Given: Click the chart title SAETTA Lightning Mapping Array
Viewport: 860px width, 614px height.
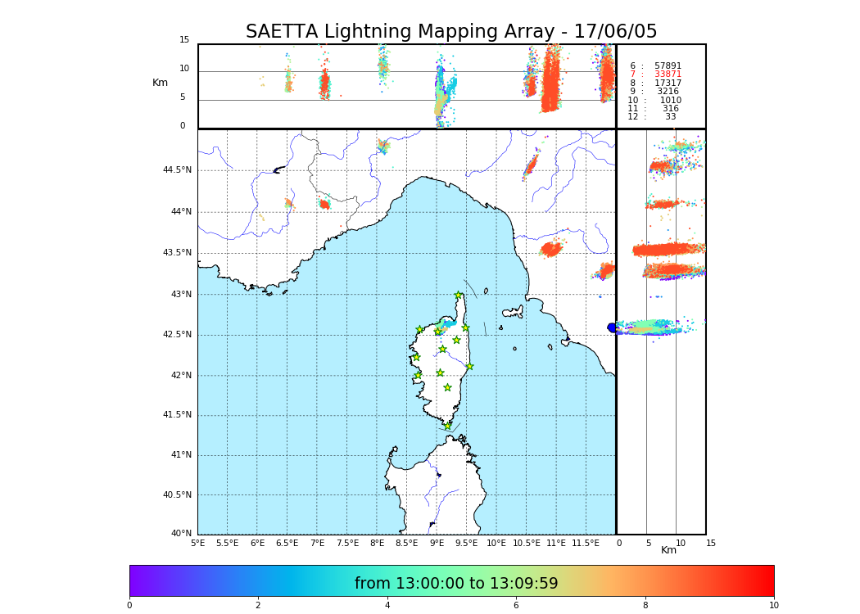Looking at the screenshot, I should tap(451, 32).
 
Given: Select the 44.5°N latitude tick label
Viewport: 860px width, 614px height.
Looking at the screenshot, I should tap(177, 170).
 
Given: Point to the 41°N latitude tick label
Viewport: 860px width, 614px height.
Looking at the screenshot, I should tap(180, 455).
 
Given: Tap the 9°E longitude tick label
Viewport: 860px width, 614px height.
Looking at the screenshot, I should tap(437, 543).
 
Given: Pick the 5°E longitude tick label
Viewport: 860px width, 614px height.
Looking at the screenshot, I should tap(197, 543).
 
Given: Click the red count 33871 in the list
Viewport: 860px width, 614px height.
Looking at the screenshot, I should tap(668, 74).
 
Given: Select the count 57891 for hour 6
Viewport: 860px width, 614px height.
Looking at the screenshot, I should tap(668, 66).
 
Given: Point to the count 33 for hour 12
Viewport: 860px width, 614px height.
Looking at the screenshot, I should tap(671, 117).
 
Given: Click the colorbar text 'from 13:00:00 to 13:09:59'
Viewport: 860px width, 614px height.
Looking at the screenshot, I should tap(456, 584).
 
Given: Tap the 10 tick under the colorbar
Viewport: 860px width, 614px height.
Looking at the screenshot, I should tap(773, 606).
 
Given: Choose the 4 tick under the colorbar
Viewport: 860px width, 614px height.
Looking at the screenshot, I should tap(387, 606).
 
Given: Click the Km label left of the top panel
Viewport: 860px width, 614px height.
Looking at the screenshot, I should tap(160, 83).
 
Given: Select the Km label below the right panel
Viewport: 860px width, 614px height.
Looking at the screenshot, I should tap(669, 551).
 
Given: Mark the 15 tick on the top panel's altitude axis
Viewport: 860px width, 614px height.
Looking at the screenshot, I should tap(184, 40).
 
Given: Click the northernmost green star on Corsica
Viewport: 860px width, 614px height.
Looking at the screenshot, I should tap(459, 296).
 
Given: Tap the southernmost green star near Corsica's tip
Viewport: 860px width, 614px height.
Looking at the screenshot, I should tap(447, 426).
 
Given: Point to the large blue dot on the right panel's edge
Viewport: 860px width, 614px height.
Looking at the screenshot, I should tap(612, 327).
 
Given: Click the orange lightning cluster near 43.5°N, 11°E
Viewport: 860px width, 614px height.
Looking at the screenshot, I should tap(551, 249).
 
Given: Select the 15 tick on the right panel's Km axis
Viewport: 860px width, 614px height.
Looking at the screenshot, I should tap(711, 543).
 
